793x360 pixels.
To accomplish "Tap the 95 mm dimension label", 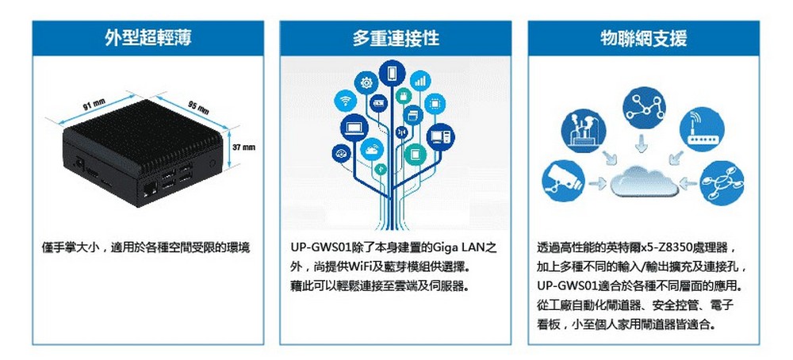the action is [x=199, y=107].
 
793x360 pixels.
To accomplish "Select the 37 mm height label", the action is [x=243, y=147].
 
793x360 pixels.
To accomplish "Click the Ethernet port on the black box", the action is [x=149, y=191].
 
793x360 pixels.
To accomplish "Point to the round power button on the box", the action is [x=213, y=163].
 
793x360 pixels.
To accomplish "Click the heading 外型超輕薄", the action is [x=148, y=38].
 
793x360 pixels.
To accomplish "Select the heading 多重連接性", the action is [x=396, y=38].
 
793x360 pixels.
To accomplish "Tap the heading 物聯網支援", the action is [x=643, y=38].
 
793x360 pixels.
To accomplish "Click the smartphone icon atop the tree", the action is [x=392, y=74].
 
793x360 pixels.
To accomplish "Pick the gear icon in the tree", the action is [x=366, y=83].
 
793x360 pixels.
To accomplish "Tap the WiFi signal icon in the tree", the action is [x=346, y=100].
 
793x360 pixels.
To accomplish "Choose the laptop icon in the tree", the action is [x=354, y=128].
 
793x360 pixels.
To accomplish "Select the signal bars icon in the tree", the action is [x=419, y=81].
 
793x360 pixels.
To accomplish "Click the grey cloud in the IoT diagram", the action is [x=643, y=182].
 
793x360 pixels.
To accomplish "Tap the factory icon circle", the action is [x=583, y=131].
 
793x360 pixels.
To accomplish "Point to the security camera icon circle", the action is [x=563, y=181].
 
